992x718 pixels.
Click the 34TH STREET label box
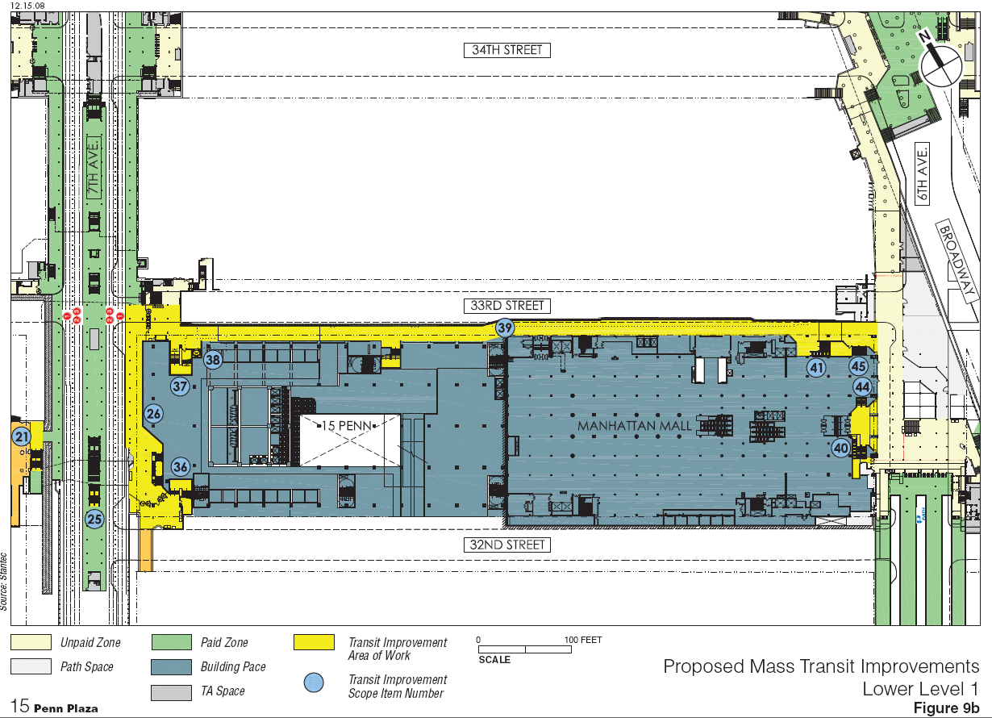pyautogui.click(x=506, y=50)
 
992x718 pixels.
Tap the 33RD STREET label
pyautogui.click(x=506, y=306)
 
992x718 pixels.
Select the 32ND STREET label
pyautogui.click(x=506, y=545)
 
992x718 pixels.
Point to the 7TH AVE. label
pyautogui.click(x=94, y=168)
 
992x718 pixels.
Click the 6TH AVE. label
pyautogui.click(x=922, y=173)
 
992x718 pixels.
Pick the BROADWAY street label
pyautogui.click(x=957, y=261)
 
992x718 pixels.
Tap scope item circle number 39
pyautogui.click(x=504, y=328)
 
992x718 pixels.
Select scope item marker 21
pyautogui.click(x=21, y=436)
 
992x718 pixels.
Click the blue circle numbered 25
pyautogui.click(x=95, y=519)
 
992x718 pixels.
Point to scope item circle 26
pyautogui.click(x=154, y=414)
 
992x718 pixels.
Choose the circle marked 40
pyautogui.click(x=841, y=449)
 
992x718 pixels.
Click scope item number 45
pyautogui.click(x=858, y=366)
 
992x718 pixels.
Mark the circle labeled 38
pyautogui.click(x=213, y=359)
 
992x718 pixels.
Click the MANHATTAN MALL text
pyautogui.click(x=634, y=426)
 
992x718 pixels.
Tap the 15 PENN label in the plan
pyautogui.click(x=346, y=426)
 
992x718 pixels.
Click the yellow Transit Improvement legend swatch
pyautogui.click(x=314, y=642)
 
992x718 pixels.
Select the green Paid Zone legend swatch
pyautogui.click(x=172, y=642)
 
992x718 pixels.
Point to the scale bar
pyautogui.click(x=525, y=649)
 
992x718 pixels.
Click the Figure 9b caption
pyautogui.click(x=946, y=708)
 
